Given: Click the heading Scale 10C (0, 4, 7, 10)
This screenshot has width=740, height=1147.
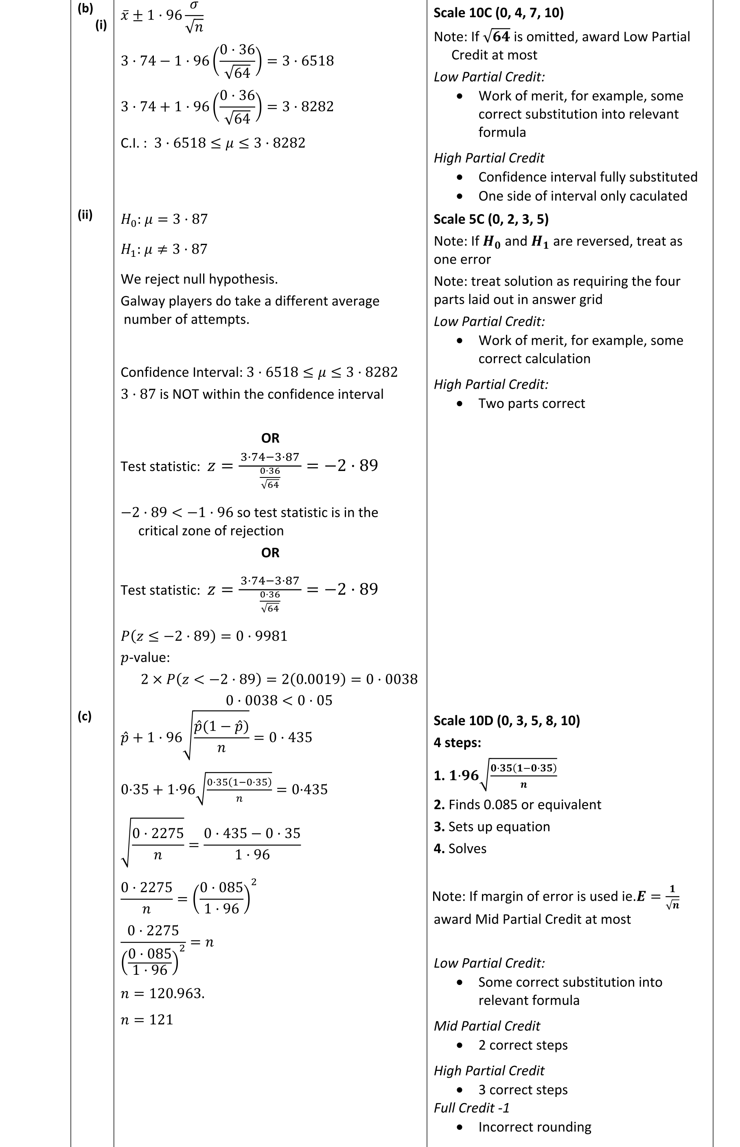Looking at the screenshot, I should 498,13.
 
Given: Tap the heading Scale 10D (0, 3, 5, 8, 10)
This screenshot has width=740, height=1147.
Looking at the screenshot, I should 506,721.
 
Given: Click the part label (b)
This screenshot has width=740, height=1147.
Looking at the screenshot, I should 85,8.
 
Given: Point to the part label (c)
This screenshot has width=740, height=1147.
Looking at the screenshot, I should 84,716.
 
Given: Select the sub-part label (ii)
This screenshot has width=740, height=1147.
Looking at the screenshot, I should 85,215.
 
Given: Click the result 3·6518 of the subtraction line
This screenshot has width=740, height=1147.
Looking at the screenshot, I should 308,61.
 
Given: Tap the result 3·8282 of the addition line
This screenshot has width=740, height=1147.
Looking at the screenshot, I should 308,106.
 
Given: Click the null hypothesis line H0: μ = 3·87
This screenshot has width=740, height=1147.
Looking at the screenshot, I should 164,220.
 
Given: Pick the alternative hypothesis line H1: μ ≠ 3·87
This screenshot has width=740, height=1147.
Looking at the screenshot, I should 164,250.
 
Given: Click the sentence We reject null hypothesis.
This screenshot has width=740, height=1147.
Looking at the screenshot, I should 199,279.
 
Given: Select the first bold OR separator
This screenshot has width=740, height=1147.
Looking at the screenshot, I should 270,438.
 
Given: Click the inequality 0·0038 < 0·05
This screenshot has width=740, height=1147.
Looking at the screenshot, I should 279,700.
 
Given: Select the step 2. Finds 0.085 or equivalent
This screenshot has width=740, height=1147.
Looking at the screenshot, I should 517,805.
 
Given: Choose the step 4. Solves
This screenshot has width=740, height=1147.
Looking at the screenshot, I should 460,849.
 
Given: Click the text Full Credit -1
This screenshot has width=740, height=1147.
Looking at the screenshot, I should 471,1108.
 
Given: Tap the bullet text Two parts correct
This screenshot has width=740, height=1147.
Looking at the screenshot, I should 532,404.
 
